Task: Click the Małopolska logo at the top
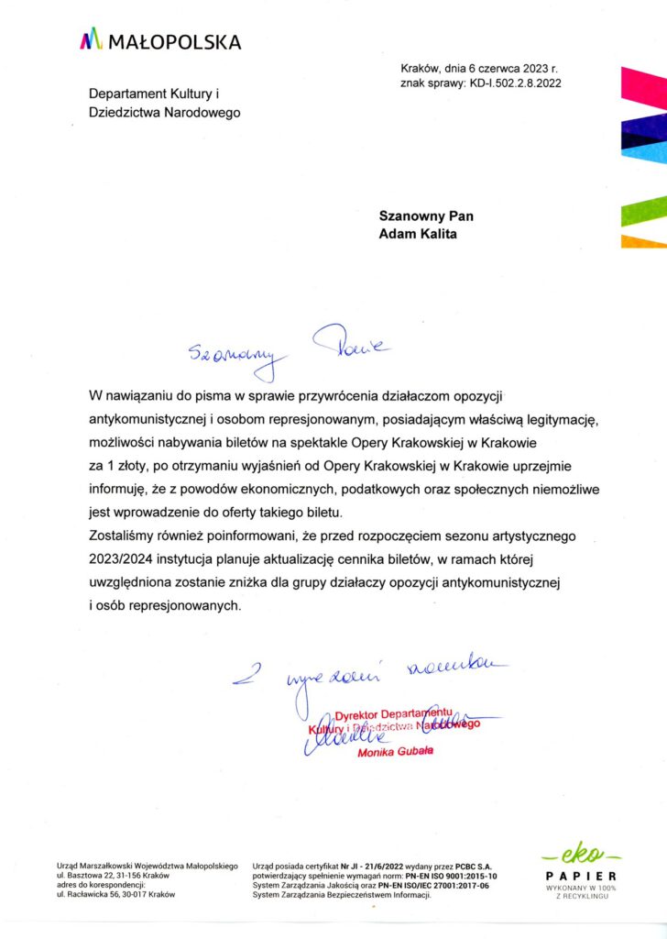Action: tap(160, 40)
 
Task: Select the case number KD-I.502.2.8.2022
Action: tap(516, 83)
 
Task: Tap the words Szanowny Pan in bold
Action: tap(426, 216)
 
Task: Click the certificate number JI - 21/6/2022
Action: tap(375, 866)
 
